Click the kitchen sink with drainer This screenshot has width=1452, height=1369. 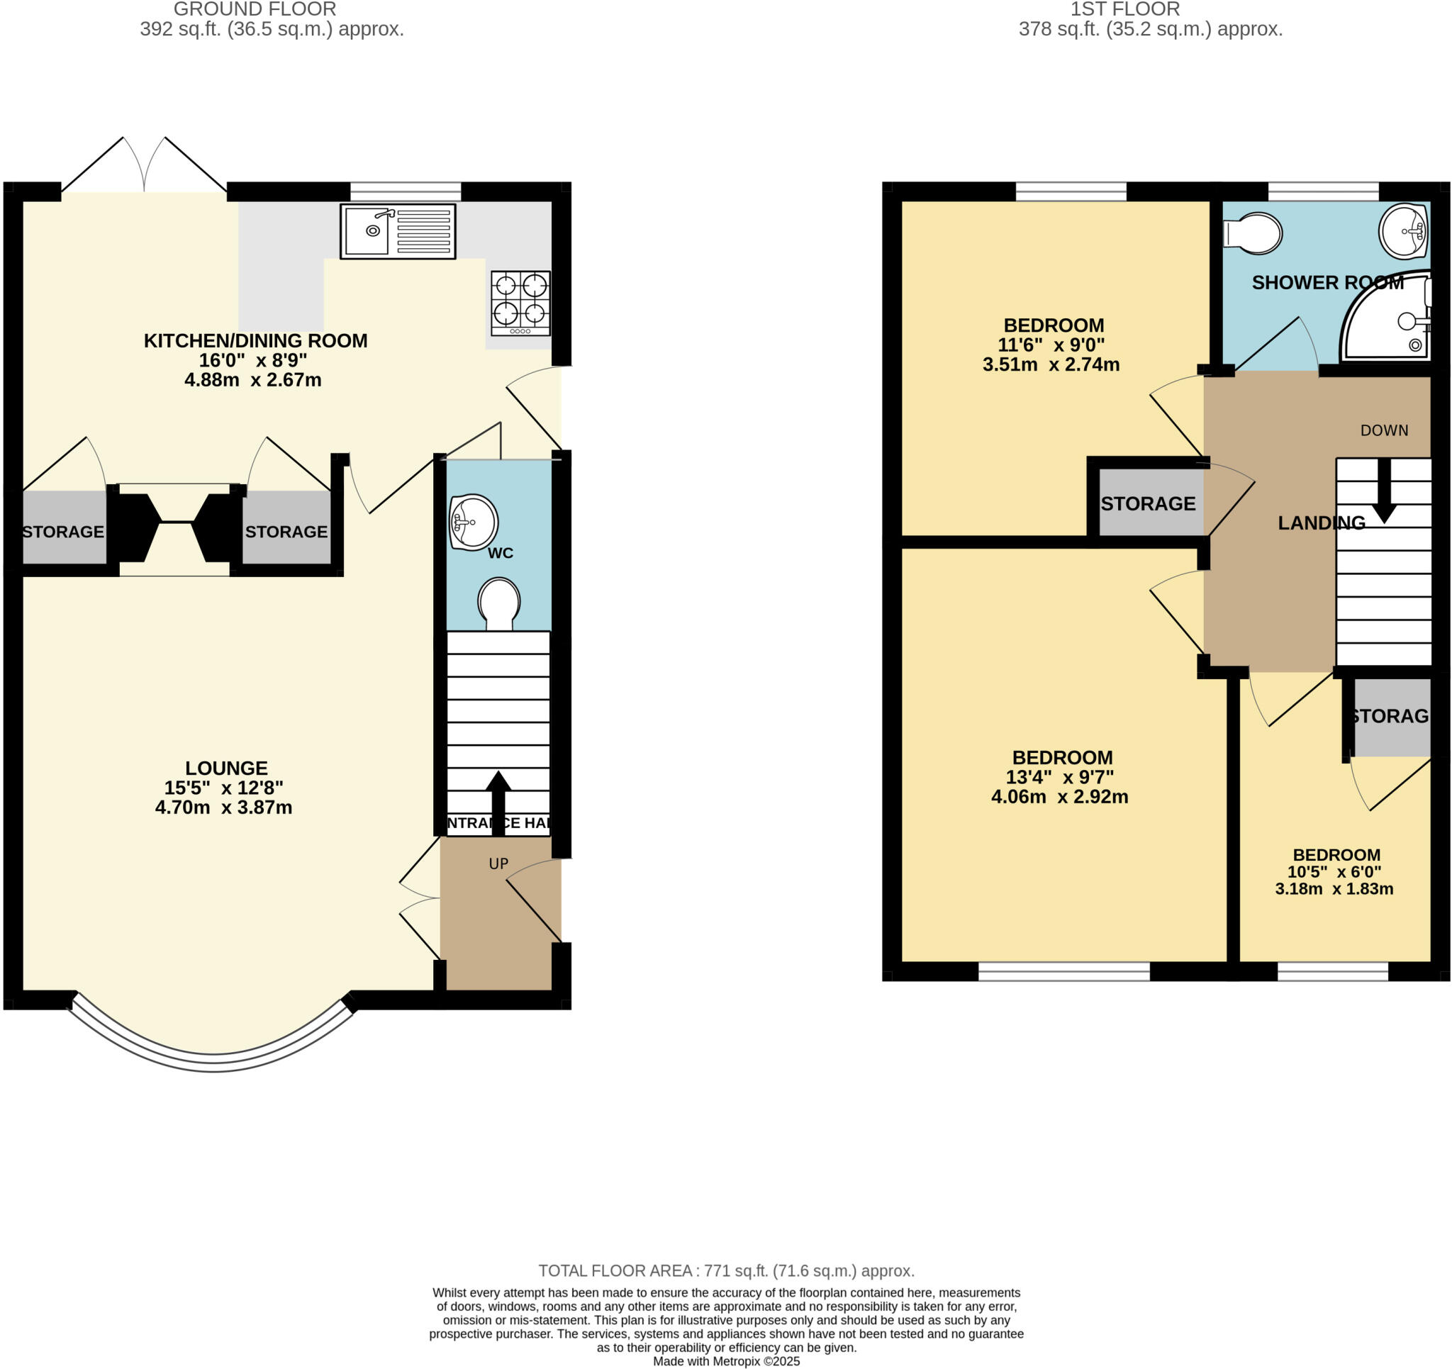click(x=397, y=231)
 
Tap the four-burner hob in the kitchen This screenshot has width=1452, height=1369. click(x=520, y=303)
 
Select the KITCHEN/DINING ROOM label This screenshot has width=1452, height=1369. click(x=255, y=341)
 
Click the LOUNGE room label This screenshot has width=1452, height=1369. click(x=225, y=769)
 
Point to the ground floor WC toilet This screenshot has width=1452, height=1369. click(x=499, y=603)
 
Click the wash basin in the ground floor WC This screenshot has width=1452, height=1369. click(x=473, y=522)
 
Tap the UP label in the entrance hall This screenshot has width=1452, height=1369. click(x=498, y=864)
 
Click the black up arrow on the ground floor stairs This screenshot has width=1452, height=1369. click(x=498, y=800)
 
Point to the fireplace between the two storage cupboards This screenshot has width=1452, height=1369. click(x=175, y=528)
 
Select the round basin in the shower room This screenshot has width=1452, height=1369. click(x=1403, y=231)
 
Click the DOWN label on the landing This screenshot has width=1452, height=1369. click(x=1383, y=431)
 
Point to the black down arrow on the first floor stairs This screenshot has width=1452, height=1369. click(x=1383, y=493)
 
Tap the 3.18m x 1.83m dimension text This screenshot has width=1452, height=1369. click(x=1334, y=889)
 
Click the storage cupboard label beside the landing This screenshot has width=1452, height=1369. click(x=1147, y=504)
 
